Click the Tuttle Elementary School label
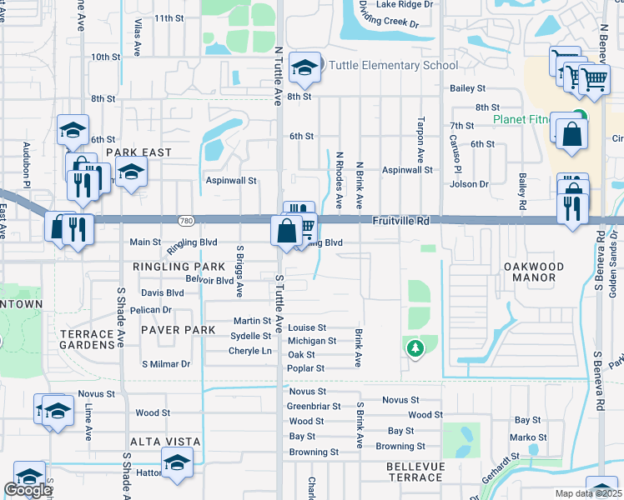point(394,65)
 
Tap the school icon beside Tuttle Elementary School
point(305,69)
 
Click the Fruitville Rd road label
point(400,221)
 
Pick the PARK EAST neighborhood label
point(138,152)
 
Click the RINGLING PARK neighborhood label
point(179,266)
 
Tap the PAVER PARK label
point(179,330)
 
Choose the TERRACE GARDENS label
point(87,339)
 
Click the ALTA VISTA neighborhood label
point(165,441)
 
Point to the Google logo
point(28,490)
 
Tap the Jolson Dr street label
point(470,183)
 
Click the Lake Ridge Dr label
point(405,4)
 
